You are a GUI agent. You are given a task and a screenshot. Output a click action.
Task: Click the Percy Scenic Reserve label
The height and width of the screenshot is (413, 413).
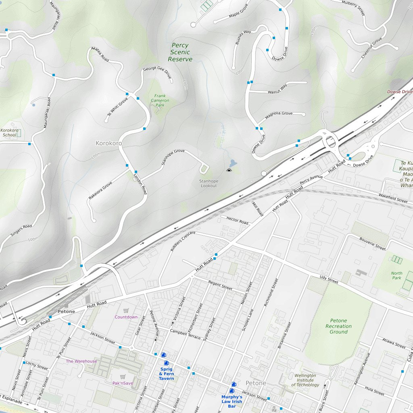180,52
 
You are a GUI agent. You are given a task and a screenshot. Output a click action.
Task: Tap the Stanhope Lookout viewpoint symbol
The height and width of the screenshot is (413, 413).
229,171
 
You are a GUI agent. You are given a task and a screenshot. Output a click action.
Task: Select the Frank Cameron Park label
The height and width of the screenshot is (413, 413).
160,100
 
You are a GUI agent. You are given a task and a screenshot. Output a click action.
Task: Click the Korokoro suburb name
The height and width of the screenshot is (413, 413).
108,143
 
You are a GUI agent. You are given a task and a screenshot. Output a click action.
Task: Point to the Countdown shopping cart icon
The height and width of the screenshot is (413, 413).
126,311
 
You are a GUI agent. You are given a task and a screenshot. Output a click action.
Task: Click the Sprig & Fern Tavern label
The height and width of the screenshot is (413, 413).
166,373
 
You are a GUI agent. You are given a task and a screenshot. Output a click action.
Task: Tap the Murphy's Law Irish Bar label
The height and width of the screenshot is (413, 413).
232,401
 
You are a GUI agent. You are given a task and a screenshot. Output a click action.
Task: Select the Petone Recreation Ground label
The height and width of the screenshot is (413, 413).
338,326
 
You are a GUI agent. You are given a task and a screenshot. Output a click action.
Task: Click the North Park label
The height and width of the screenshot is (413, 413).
396,275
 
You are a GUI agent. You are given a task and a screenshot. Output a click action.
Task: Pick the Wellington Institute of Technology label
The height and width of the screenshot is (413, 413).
305,380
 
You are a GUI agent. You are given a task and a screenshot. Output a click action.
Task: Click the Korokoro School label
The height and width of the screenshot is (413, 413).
9,133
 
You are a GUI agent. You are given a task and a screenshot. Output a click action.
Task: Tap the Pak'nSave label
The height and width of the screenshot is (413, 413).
123,383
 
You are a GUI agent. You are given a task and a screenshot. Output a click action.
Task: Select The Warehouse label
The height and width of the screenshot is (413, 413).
81,361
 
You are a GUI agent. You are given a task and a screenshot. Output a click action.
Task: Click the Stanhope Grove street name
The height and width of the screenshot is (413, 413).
173,157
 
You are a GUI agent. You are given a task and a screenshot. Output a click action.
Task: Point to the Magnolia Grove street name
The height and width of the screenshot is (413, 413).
278,116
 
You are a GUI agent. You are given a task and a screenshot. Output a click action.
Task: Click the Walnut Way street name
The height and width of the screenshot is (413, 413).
277,89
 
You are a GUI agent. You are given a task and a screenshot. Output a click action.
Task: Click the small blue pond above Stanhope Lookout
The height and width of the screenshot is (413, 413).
233,163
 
